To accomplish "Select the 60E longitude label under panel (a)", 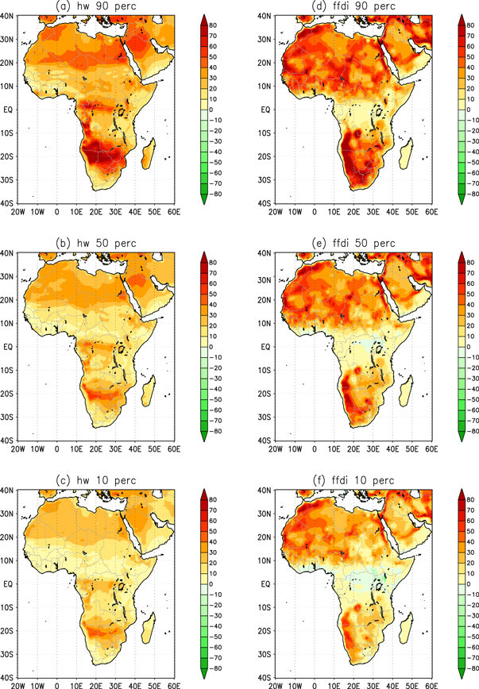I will click(173, 212).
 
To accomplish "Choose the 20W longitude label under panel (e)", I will click(276, 449).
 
